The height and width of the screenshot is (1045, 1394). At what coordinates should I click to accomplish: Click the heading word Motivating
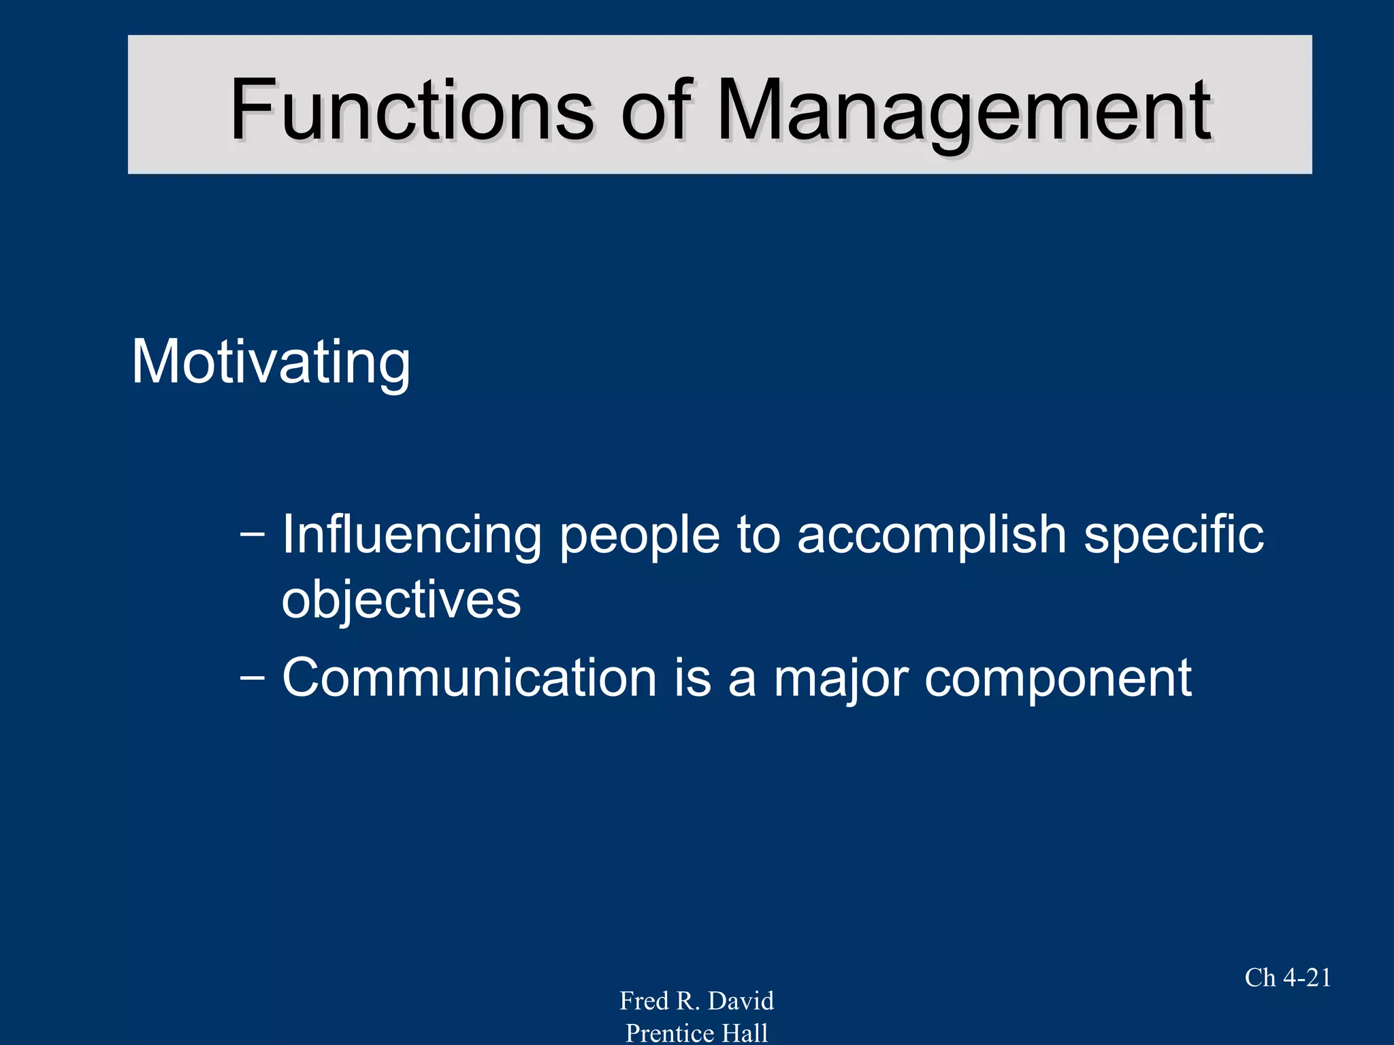coord(271,362)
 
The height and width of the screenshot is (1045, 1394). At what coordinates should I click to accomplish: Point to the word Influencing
coord(411,535)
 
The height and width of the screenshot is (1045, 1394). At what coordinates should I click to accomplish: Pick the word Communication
coord(469,678)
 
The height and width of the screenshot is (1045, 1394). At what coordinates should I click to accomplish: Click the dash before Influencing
coord(253,535)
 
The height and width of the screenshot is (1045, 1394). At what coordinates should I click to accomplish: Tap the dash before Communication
coord(253,678)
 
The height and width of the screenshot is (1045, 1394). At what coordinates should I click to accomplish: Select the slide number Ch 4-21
coord(1288,978)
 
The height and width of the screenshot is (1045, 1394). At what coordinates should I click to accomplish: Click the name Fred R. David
coord(696,1001)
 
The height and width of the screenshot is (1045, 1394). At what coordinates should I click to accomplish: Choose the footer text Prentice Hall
coord(696,1033)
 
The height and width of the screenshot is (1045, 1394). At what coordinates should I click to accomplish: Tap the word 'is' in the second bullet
coord(692,678)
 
